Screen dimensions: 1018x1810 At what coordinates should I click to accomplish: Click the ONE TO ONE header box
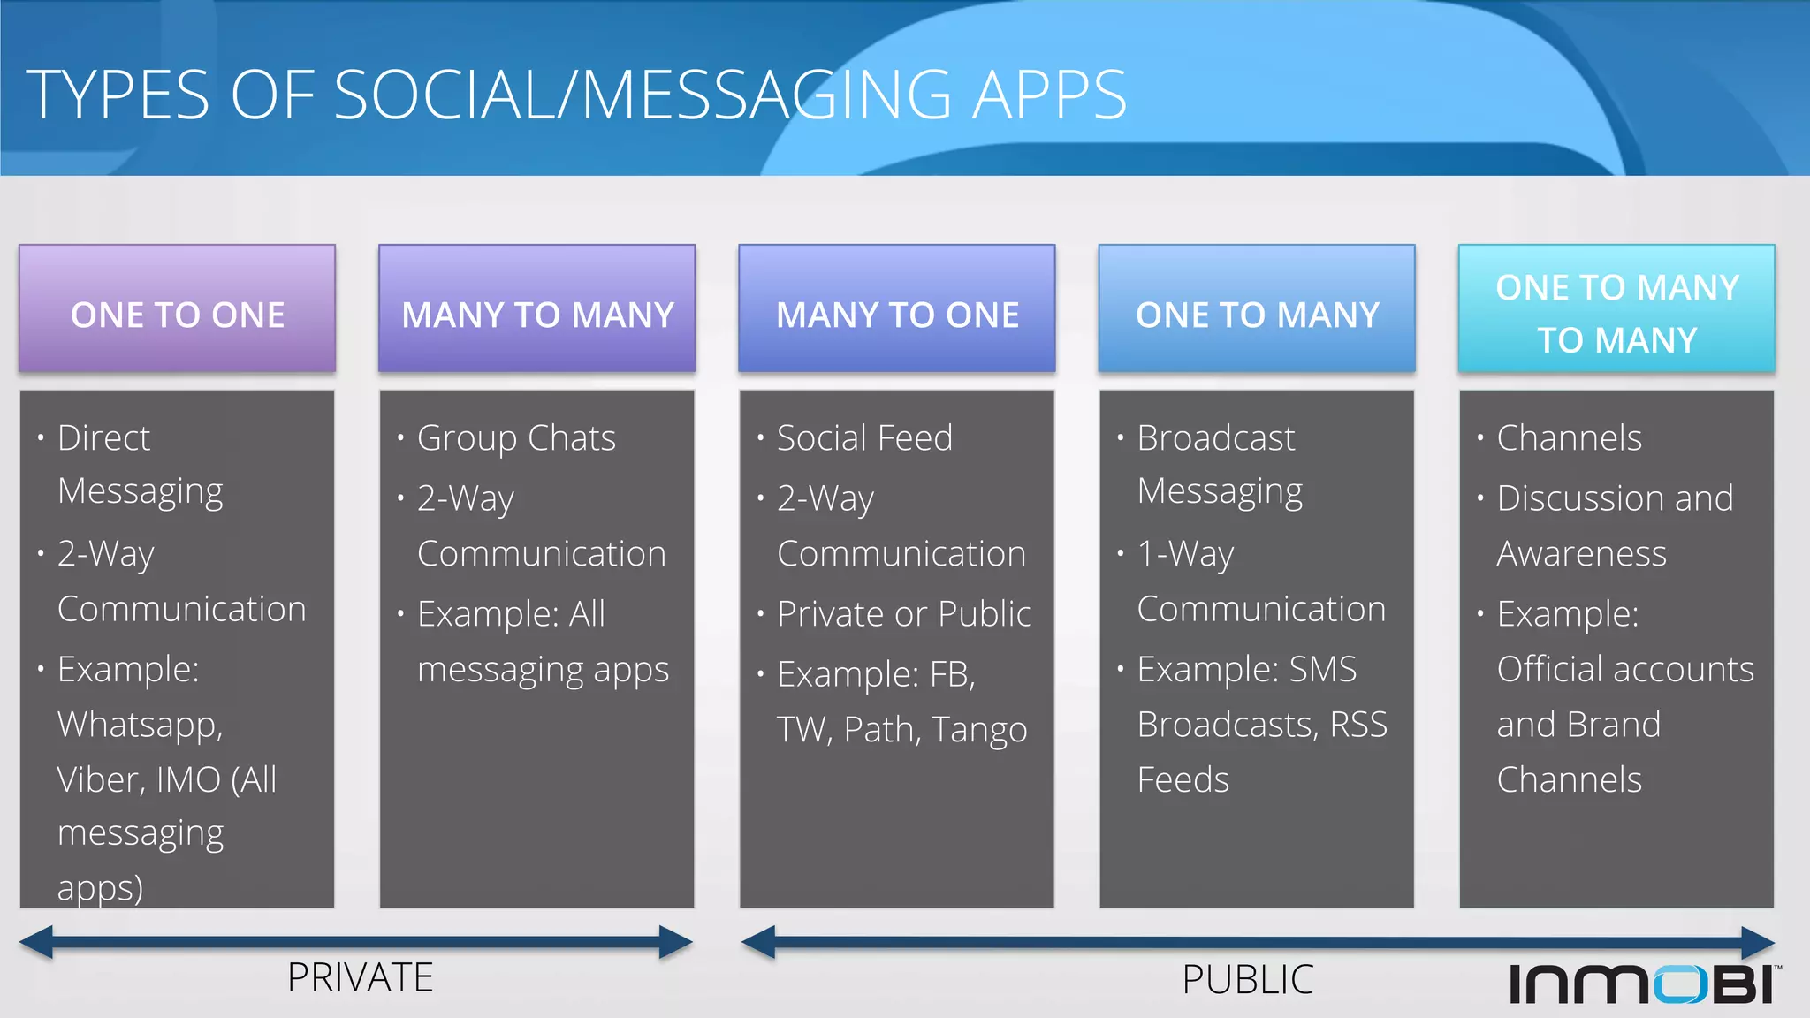(177, 308)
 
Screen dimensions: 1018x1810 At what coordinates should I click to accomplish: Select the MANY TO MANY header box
(537, 308)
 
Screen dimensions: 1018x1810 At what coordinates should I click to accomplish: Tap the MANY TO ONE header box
(897, 308)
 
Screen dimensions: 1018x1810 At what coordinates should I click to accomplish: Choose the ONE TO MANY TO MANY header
(1616, 308)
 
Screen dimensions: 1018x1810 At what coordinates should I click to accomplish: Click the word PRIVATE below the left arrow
(361, 977)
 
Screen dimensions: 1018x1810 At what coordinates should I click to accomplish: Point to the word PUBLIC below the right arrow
(1248, 979)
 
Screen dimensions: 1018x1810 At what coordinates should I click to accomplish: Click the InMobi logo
(1644, 984)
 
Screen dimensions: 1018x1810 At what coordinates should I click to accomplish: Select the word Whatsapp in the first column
(140, 726)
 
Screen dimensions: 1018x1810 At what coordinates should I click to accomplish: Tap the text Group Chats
(516, 438)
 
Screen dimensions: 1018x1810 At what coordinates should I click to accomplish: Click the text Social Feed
(864, 438)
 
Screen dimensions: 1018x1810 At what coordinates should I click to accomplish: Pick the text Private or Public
(904, 613)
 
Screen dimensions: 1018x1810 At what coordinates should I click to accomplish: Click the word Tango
(979, 730)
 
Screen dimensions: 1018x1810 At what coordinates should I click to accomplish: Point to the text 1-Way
(1185, 554)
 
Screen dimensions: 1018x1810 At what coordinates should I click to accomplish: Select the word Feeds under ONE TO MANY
(1183, 779)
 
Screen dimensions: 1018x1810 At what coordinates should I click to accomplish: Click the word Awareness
(1581, 554)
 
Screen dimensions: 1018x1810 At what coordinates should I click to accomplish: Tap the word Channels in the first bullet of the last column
(1569, 438)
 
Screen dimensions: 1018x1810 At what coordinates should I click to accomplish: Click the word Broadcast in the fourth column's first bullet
(1216, 438)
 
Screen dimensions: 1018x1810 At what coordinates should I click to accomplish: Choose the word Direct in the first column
(104, 438)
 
